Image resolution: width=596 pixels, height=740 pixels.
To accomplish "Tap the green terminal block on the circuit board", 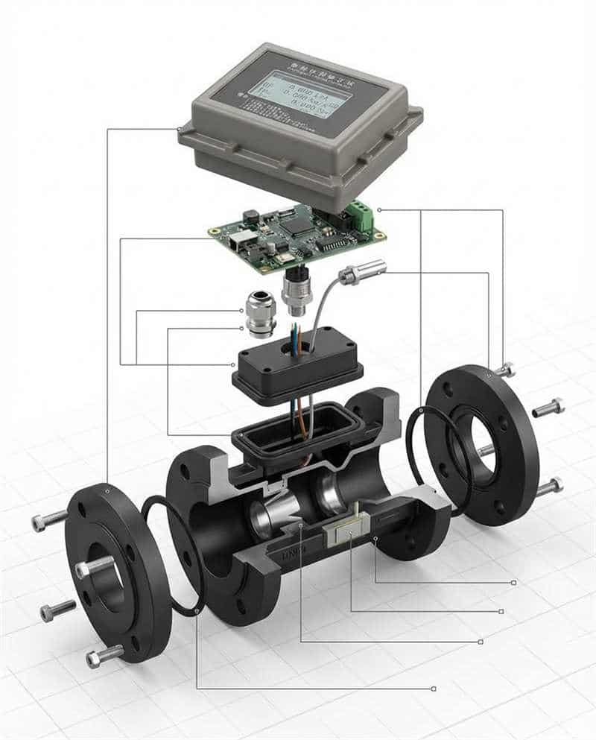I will [361, 217].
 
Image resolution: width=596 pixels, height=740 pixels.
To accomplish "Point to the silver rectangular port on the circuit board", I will [239, 240].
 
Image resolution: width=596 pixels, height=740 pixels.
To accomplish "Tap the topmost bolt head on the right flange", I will [506, 369].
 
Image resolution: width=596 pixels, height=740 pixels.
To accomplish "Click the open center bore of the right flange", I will [477, 444].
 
